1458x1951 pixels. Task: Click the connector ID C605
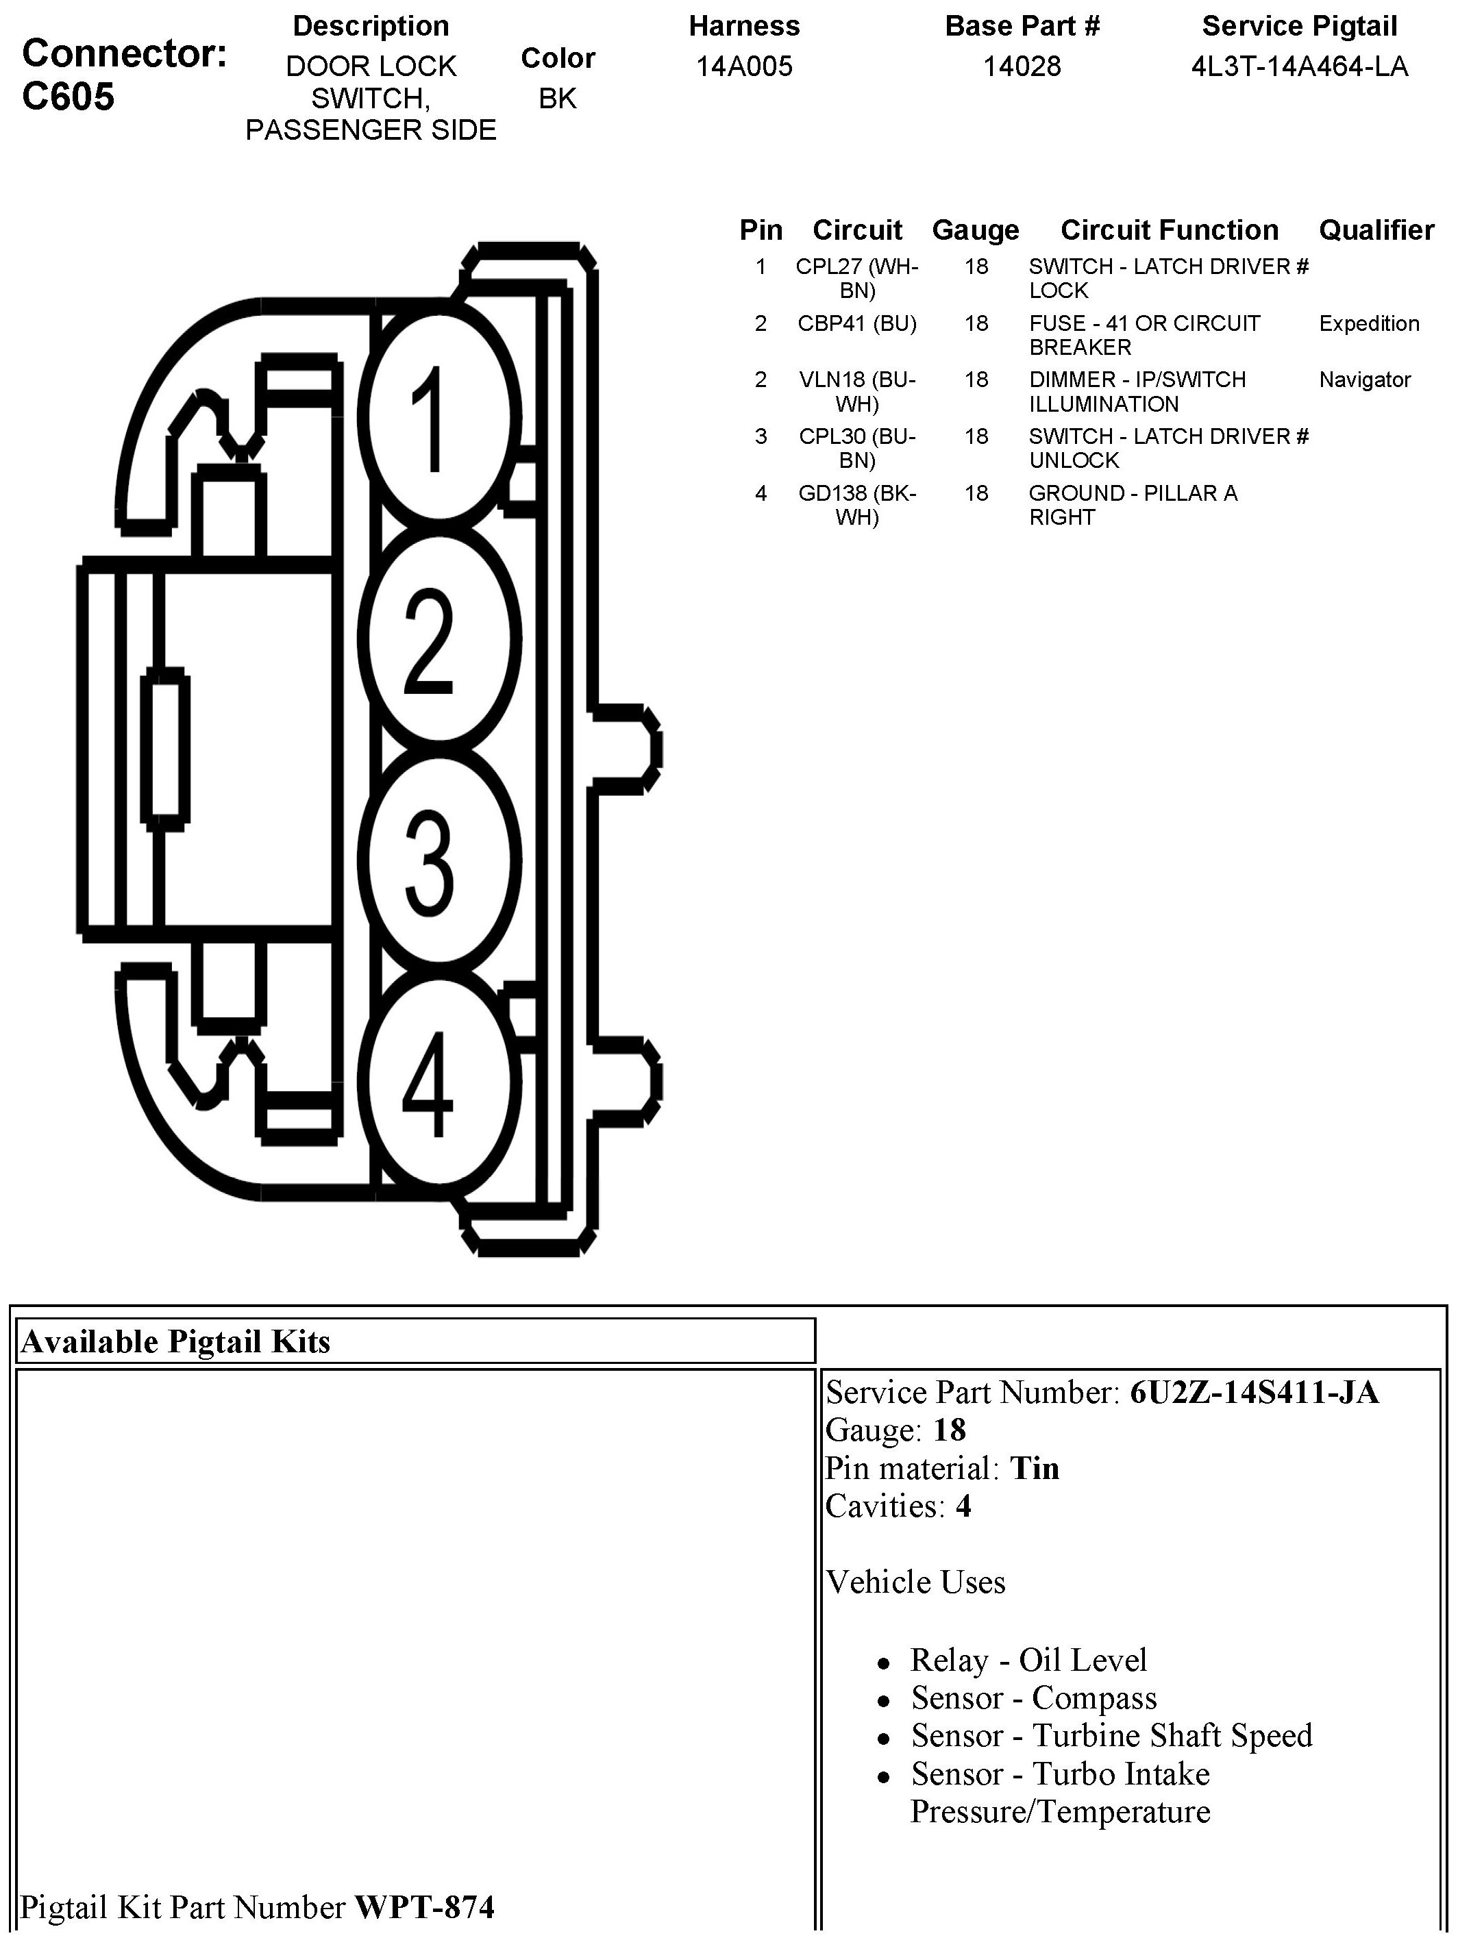point(69,96)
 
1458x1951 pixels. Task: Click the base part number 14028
point(1022,66)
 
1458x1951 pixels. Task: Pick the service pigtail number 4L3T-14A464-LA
point(1298,66)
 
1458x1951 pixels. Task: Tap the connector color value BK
point(558,98)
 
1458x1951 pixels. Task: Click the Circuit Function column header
point(1169,230)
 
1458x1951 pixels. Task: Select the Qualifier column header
point(1376,230)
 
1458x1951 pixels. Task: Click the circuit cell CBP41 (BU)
point(856,324)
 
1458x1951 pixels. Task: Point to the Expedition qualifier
point(1368,324)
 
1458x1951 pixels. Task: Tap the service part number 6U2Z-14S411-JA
point(1253,1393)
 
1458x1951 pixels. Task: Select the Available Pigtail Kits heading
point(175,1341)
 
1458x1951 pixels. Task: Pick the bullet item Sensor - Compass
point(1033,1698)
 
